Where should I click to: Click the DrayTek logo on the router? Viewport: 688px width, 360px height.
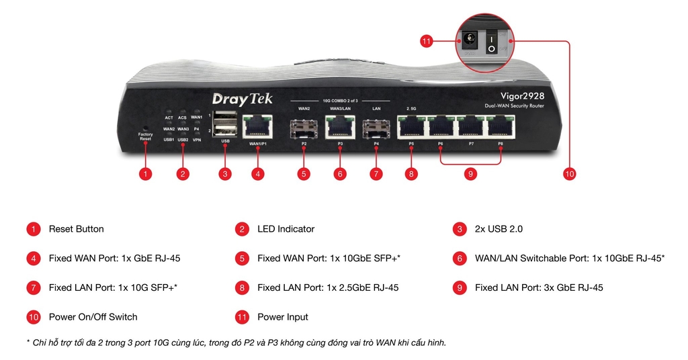coord(242,99)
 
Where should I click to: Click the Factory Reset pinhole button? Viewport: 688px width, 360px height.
coord(145,128)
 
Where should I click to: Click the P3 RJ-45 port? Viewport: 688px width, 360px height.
coord(340,126)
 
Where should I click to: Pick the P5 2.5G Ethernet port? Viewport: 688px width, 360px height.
coord(411,126)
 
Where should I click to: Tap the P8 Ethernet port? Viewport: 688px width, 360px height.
coord(501,126)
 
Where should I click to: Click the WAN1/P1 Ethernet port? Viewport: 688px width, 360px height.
coord(258,126)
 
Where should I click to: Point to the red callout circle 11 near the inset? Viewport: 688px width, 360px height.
coord(426,42)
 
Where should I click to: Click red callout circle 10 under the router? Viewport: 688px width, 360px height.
coord(570,174)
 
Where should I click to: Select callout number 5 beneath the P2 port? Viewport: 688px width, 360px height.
coord(304,174)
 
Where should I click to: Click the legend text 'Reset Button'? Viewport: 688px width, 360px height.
coord(76,229)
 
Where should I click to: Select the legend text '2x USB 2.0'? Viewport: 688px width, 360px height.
coord(499,229)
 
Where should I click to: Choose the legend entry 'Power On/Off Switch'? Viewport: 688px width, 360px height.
coord(93,316)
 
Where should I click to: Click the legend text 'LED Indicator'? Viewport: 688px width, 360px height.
coord(286,229)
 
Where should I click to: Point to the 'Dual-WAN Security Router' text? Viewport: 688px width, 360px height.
coord(514,106)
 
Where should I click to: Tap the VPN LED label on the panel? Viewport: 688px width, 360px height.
coord(197,140)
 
